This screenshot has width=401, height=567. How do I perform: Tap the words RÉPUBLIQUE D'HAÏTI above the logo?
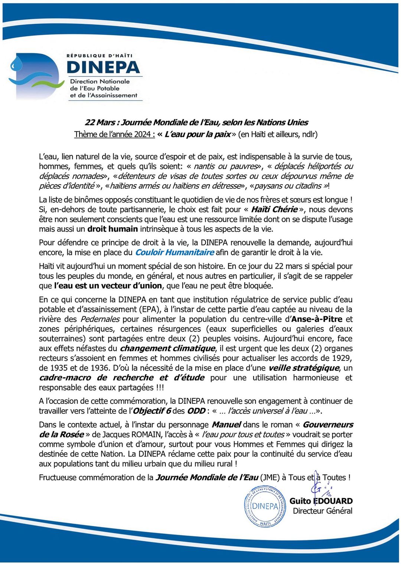(99, 56)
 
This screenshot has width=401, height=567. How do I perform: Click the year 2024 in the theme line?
(142, 134)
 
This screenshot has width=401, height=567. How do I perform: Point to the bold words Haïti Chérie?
(274, 210)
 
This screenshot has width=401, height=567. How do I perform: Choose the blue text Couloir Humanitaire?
(175, 253)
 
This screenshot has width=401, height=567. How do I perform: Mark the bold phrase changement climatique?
(167, 349)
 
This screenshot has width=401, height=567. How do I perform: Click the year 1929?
(342, 358)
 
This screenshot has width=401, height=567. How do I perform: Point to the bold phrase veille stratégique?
(304, 368)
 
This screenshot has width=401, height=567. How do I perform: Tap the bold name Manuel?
(226, 425)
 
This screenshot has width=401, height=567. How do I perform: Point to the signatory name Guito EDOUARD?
(321, 501)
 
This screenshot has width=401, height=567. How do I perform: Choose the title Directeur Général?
(322, 511)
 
